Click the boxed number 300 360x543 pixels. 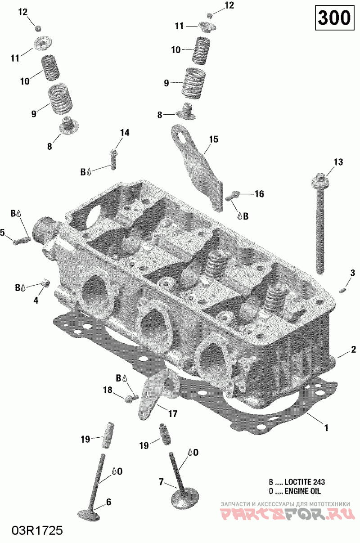tap(334, 18)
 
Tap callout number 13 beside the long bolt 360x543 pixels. tap(338, 162)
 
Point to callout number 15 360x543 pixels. tap(213, 139)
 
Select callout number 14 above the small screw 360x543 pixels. tap(124, 132)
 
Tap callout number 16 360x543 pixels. tap(259, 194)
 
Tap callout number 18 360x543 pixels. tap(108, 390)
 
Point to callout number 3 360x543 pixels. tap(352, 273)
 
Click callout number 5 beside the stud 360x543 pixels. tap(3, 232)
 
